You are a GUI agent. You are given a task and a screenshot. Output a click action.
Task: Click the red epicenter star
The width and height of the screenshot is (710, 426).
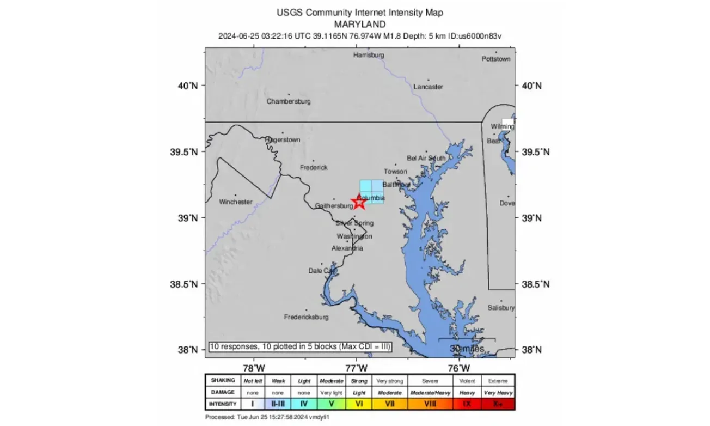pos(359,201)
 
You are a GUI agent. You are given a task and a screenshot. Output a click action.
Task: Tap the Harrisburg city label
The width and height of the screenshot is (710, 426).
pos(369,56)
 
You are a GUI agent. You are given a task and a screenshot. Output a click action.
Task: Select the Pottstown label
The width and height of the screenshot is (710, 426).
pos(496,59)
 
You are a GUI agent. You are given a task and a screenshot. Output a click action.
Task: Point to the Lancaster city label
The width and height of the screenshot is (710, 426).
pos(428,87)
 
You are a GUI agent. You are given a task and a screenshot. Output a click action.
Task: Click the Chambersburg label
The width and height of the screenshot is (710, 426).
pos(289,101)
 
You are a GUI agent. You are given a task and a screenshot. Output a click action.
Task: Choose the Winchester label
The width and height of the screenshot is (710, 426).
pos(236,202)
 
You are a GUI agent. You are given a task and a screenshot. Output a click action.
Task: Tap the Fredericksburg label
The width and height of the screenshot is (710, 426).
pos(307,317)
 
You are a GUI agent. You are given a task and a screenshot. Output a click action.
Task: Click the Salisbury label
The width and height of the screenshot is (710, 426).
pos(501,308)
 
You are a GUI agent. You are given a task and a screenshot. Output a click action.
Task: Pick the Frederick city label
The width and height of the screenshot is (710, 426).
pos(314,168)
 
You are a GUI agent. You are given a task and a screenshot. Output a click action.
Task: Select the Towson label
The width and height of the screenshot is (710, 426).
pos(395,172)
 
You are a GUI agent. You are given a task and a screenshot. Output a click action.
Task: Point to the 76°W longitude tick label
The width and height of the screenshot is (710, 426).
pos(460,367)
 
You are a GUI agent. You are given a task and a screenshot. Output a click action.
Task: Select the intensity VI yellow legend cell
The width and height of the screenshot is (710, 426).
pos(359,404)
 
